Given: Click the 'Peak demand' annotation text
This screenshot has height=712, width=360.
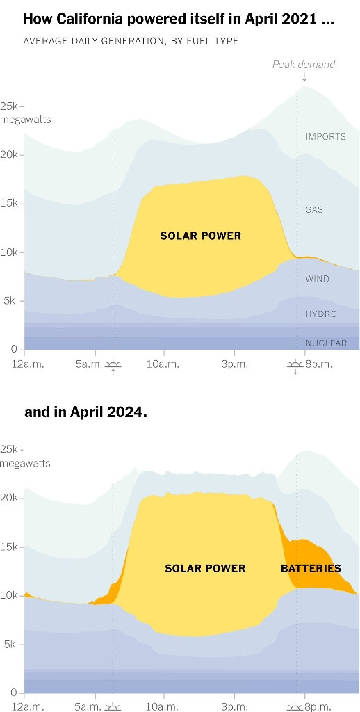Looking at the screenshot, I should click(x=303, y=65).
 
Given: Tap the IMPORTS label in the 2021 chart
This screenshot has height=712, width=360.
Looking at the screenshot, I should click(x=325, y=136).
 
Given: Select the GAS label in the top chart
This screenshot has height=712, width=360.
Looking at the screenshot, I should click(x=314, y=209).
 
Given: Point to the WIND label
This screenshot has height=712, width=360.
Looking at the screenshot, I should click(x=317, y=279).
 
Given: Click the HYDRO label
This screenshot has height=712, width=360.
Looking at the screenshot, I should click(x=321, y=314).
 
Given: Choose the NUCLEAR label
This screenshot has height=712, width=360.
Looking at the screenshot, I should click(x=326, y=343).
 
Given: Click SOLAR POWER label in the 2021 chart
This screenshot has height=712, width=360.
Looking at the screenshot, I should click(x=200, y=236).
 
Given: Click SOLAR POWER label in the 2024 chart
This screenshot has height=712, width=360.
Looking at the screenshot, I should click(x=205, y=568).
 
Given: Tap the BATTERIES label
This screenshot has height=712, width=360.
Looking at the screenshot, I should click(x=311, y=568).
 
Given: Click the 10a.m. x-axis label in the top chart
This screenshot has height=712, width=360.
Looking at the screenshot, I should click(x=163, y=364).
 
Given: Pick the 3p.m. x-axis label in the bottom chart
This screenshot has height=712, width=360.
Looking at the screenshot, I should click(x=234, y=706).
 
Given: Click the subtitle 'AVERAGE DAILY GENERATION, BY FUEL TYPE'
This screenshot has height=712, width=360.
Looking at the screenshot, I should click(x=131, y=41).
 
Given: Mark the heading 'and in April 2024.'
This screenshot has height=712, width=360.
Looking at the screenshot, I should click(x=85, y=412).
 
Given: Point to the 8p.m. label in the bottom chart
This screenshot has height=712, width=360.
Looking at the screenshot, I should click(x=317, y=706).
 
